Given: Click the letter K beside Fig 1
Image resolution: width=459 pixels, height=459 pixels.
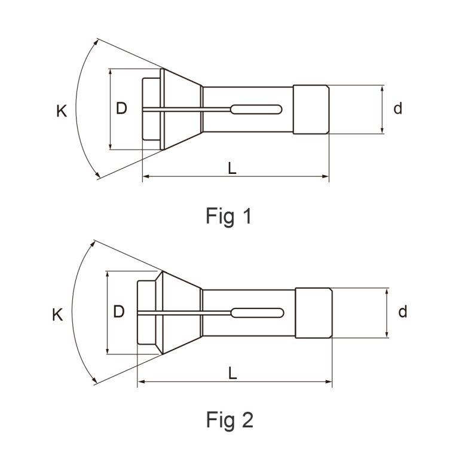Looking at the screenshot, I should click(x=62, y=111).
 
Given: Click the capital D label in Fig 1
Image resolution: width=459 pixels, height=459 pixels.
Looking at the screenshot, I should click(x=121, y=109).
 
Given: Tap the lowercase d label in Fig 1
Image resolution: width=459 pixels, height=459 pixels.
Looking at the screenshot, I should click(x=398, y=109).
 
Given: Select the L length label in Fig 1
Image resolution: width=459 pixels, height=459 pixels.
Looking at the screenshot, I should click(x=232, y=169).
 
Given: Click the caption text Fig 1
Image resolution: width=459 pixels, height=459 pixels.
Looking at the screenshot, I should click(x=229, y=216).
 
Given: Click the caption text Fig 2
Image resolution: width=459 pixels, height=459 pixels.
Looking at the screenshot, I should click(x=230, y=420).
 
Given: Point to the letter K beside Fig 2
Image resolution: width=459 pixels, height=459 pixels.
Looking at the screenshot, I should click(x=57, y=315).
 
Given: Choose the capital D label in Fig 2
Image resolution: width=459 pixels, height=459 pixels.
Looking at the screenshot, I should click(x=118, y=312).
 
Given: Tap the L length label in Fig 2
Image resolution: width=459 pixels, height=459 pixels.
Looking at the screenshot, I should click(x=232, y=373).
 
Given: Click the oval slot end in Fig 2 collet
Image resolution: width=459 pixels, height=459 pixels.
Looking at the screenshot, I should click(x=257, y=313).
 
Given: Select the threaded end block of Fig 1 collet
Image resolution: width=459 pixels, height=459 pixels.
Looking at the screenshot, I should click(x=311, y=109).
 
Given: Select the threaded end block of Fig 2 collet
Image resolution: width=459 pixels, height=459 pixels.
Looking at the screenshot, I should click(x=314, y=313).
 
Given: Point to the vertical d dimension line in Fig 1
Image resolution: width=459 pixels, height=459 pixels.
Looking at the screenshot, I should click(x=382, y=109).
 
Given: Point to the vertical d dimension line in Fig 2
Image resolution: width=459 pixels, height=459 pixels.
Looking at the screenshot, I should click(x=387, y=313).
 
